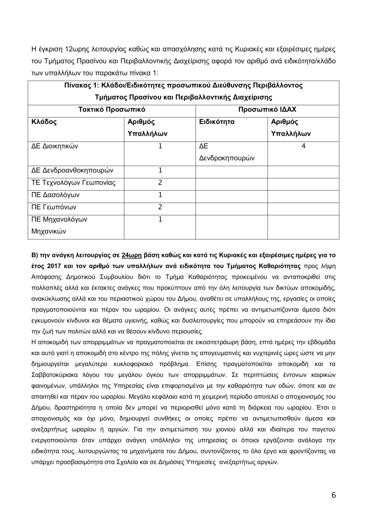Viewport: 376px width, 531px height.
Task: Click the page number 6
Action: (x=334, y=495)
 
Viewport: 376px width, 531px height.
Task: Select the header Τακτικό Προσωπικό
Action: (x=112, y=110)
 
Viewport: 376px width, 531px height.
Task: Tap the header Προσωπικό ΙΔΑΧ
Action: (x=267, y=110)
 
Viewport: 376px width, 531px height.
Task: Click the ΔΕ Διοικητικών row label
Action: (x=55, y=146)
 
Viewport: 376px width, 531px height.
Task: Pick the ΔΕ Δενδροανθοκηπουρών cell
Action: (x=72, y=171)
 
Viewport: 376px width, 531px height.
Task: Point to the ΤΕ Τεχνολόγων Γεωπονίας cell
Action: (x=73, y=183)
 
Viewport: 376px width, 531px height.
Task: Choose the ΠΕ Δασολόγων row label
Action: (x=55, y=195)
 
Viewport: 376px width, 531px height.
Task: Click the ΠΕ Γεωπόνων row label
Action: (x=54, y=207)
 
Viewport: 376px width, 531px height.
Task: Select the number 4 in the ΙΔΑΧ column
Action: (x=303, y=146)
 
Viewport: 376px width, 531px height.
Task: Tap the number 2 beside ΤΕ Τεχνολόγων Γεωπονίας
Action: (x=160, y=183)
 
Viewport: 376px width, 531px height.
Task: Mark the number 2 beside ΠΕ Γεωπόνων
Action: (x=160, y=207)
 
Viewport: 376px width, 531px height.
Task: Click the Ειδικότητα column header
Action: (x=217, y=122)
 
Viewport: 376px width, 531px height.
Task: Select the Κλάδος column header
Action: (x=44, y=122)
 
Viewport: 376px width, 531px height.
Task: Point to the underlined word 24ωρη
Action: (x=132, y=255)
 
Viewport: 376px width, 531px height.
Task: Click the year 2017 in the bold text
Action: (x=55, y=266)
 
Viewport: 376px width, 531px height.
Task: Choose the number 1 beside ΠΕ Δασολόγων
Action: (x=160, y=195)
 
